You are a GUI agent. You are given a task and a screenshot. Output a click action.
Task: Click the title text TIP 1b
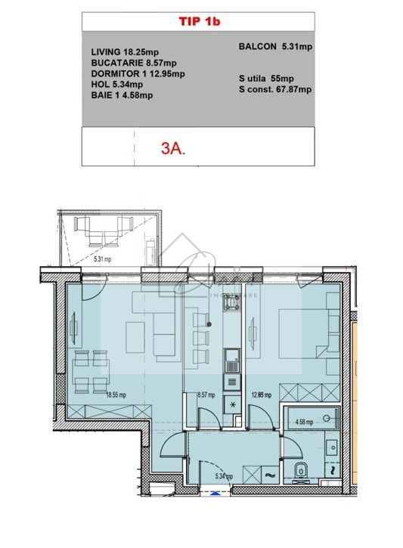point(199,23)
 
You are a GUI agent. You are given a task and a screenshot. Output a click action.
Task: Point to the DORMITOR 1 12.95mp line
point(137,73)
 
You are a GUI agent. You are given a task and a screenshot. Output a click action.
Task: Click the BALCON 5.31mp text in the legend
point(274,47)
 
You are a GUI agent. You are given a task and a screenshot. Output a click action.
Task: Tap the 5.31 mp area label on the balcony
point(102,259)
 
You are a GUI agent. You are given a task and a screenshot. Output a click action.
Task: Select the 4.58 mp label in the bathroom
point(304,423)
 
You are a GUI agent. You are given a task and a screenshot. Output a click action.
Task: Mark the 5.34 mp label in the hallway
point(223,476)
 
